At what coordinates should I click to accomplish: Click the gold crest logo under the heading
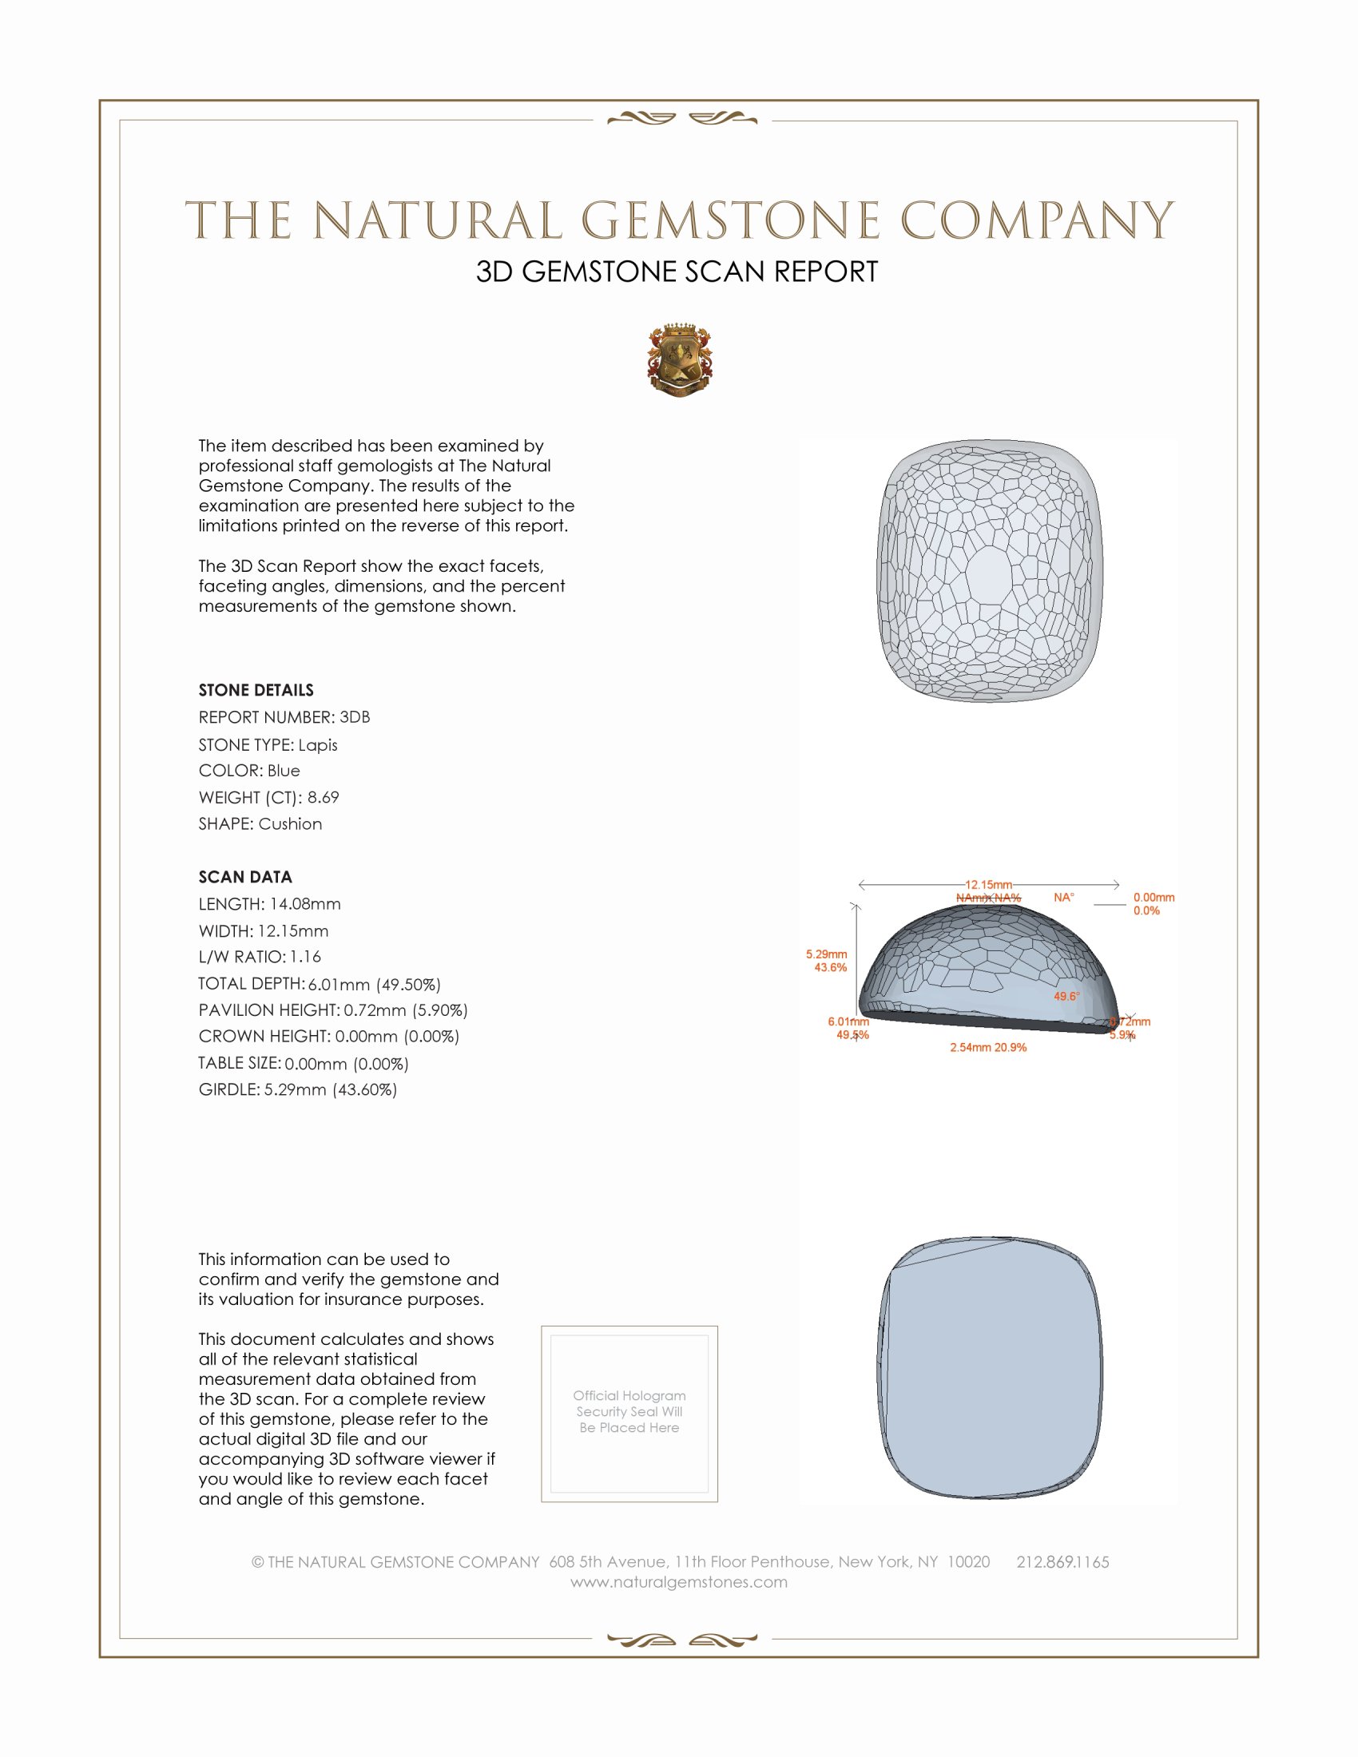680,360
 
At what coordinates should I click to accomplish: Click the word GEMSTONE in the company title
730,221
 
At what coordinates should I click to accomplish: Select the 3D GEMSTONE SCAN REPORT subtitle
677,272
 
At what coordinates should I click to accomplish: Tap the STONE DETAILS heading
256,690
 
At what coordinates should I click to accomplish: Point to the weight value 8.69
323,797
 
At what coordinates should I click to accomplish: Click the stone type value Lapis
318,745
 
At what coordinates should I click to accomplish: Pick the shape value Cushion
291,824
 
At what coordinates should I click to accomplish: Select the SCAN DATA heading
245,877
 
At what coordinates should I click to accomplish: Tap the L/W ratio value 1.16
306,957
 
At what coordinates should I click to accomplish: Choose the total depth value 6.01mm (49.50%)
374,984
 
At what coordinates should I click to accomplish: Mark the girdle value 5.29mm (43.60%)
331,1089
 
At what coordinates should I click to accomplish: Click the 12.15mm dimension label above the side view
989,885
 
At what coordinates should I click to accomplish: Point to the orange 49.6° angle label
1066,996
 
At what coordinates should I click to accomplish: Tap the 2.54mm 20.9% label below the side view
988,1048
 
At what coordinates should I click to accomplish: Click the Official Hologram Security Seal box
629,1414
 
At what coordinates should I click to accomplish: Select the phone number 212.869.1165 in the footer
1062,1561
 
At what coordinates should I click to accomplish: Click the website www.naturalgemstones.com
679,1581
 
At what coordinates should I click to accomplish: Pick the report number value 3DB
355,717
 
